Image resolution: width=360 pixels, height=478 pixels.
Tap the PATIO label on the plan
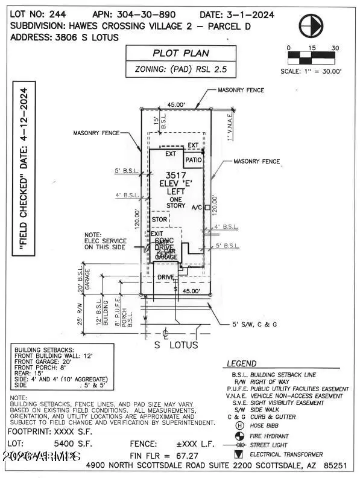(193, 161)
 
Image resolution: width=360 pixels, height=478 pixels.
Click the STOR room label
(159, 219)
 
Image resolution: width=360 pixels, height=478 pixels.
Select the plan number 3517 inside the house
(174, 176)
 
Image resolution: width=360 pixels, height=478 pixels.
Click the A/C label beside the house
(197, 207)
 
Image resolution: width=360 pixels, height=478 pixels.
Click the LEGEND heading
(241, 364)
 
